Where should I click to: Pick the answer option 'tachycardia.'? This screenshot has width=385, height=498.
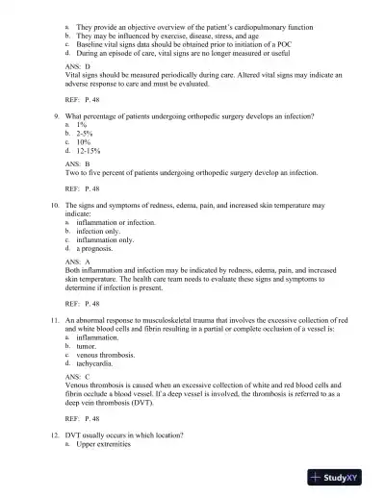pyautogui.click(x=97, y=363)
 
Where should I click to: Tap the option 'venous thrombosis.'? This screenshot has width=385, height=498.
pyautogui.click(x=111, y=355)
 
